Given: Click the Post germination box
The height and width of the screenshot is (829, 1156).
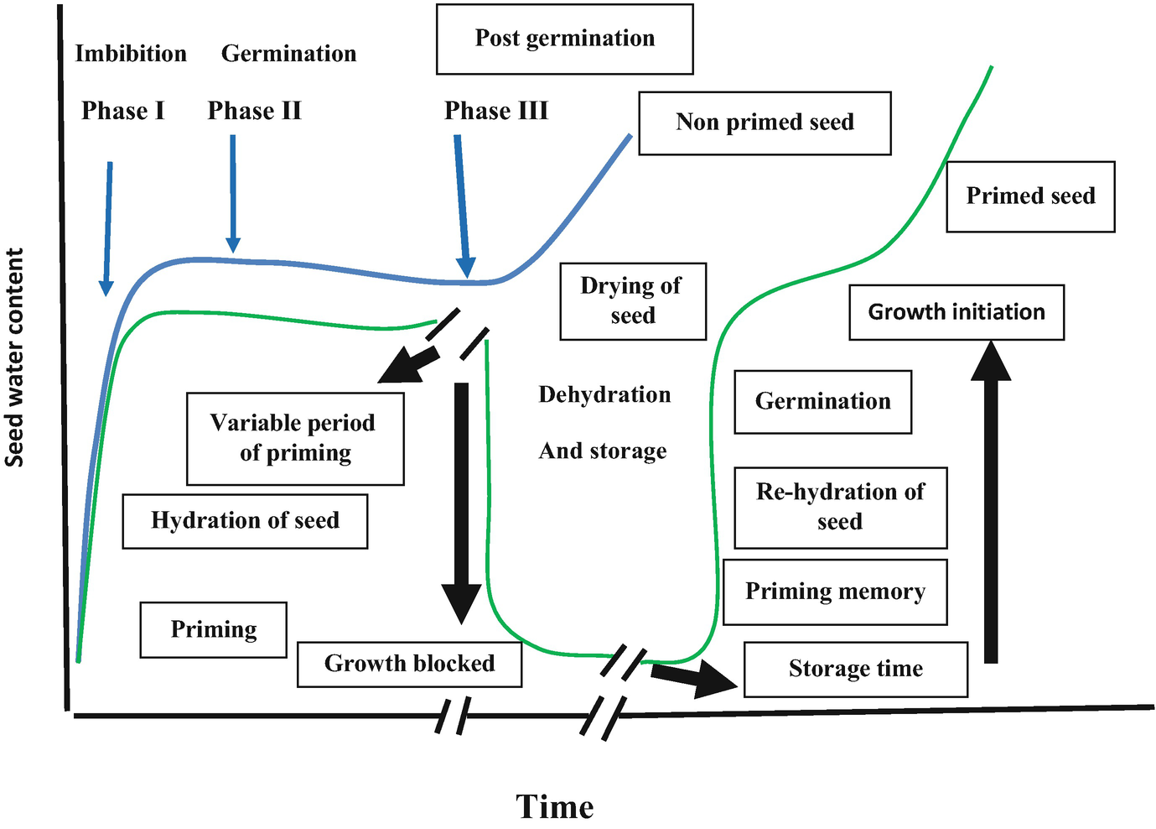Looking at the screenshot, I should point(564,39).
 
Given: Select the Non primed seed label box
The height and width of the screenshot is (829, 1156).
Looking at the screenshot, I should point(765,123).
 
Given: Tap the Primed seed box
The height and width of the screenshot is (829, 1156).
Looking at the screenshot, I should point(1030,196).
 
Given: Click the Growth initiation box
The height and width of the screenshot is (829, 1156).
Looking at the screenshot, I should point(956,312).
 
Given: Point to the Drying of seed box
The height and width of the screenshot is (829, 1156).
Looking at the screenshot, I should point(633,300).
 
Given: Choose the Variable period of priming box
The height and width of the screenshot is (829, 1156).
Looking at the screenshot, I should point(295,438).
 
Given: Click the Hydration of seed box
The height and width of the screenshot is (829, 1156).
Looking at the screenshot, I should point(245,521).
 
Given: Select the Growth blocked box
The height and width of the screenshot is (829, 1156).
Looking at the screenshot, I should point(409,664).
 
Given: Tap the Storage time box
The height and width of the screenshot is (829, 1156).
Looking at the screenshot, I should point(855,669).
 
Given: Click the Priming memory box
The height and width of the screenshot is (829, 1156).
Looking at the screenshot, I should point(835,592).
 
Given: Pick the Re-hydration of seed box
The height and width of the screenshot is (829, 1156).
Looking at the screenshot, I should point(840,507).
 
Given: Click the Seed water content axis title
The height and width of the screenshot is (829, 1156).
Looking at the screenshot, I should point(14,357).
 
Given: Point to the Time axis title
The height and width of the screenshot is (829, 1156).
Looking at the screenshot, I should point(554,806).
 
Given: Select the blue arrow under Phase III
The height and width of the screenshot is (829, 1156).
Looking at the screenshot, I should point(462,206).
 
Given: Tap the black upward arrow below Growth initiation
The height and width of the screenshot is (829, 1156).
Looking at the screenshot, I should point(991,503).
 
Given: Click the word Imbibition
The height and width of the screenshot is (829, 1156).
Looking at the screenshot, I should point(131,54).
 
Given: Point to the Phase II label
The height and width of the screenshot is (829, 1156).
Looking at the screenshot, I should point(254,111).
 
